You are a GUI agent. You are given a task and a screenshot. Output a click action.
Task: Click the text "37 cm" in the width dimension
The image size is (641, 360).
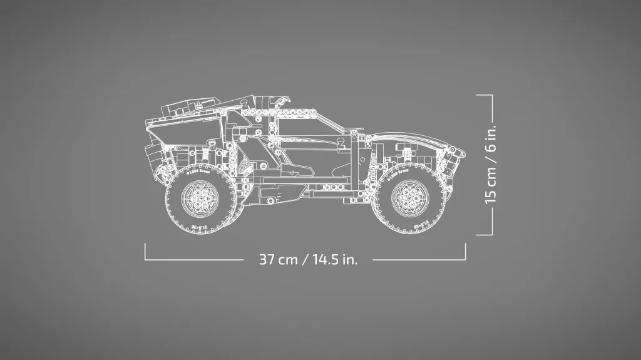click(278, 259)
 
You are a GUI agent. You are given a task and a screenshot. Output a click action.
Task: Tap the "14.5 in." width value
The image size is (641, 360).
click(334, 259)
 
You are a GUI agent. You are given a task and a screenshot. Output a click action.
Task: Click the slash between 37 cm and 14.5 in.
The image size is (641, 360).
click(305, 259)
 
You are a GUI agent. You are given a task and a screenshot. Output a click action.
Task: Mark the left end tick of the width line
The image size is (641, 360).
click(145, 251)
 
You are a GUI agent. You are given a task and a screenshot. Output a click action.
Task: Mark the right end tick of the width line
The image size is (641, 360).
click(466, 251)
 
